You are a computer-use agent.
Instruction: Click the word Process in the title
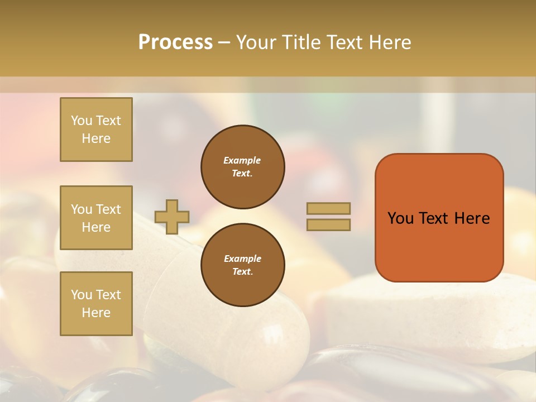pos(175,42)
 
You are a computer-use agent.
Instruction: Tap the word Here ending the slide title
pos(386,42)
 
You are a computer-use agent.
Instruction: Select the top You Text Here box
pos(96,130)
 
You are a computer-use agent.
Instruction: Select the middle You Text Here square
pos(96,218)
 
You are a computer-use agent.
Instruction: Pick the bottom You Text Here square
pos(96,304)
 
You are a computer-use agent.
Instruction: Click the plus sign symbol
pos(172,217)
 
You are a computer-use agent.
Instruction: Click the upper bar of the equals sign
pos(328,208)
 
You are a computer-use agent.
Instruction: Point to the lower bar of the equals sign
pos(328,224)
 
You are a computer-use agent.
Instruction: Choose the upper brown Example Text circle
pos(243,167)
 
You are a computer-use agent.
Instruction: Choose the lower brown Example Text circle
pos(243,265)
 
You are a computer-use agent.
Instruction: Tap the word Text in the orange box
pos(439,218)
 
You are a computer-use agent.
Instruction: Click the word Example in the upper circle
pos(242,160)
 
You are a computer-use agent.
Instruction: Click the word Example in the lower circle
pos(242,259)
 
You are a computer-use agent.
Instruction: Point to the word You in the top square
pos(81,121)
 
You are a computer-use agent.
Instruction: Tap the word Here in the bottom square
pos(96,313)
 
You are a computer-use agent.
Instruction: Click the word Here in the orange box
pos(472,218)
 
